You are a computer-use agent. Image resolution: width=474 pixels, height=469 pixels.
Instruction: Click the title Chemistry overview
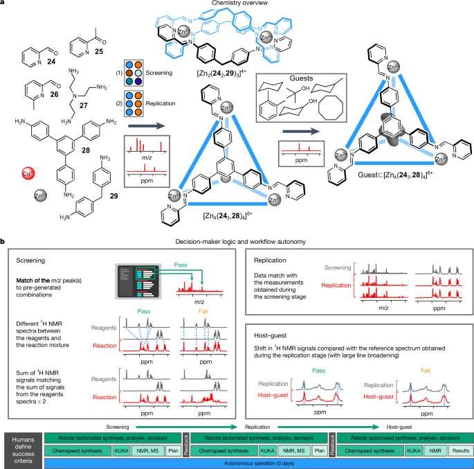[x=236, y=5]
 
